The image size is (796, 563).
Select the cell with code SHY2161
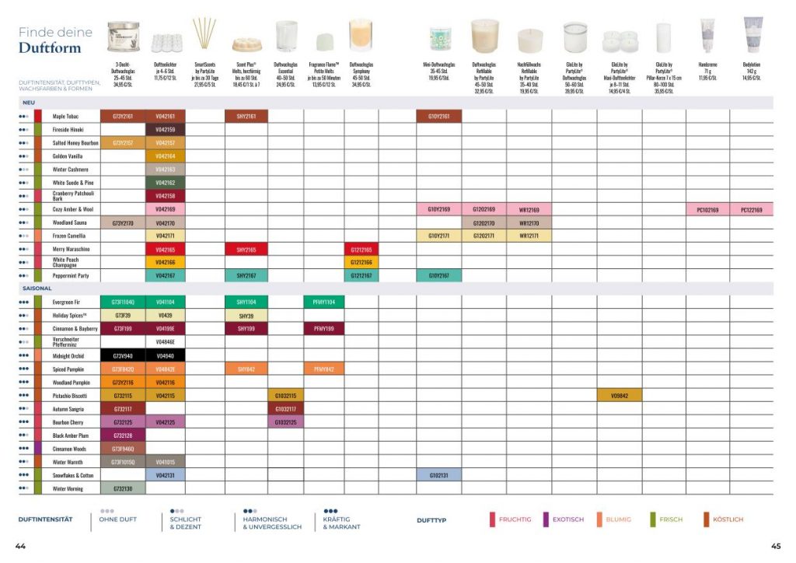tap(246, 117)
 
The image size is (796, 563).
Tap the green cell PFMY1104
tap(323, 301)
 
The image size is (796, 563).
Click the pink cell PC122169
tap(752, 209)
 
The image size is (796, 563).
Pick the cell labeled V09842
tap(619, 395)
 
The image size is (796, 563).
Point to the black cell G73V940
tap(123, 355)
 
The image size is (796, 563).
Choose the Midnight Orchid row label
tap(68, 355)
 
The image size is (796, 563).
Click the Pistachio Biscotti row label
tap(70, 395)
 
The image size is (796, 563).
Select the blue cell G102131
tap(438, 474)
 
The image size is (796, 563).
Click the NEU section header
tap(29, 103)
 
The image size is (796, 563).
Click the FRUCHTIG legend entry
tap(515, 519)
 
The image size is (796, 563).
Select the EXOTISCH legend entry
tap(567, 519)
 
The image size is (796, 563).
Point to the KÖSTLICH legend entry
tap(727, 519)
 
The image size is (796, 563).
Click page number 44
tap(20, 546)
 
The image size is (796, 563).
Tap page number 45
tap(775, 546)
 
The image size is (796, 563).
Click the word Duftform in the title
tap(50, 48)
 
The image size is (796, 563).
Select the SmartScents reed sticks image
tap(204, 34)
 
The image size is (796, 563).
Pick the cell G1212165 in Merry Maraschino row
tap(361, 249)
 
